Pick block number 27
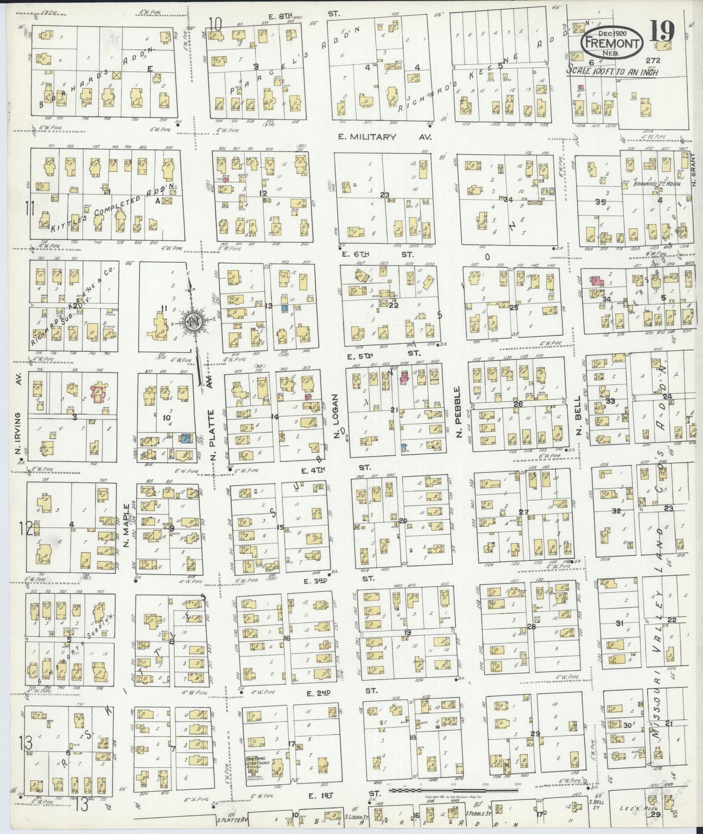pos(523,512)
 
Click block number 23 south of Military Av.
pos(385,195)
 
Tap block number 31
pos(619,623)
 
